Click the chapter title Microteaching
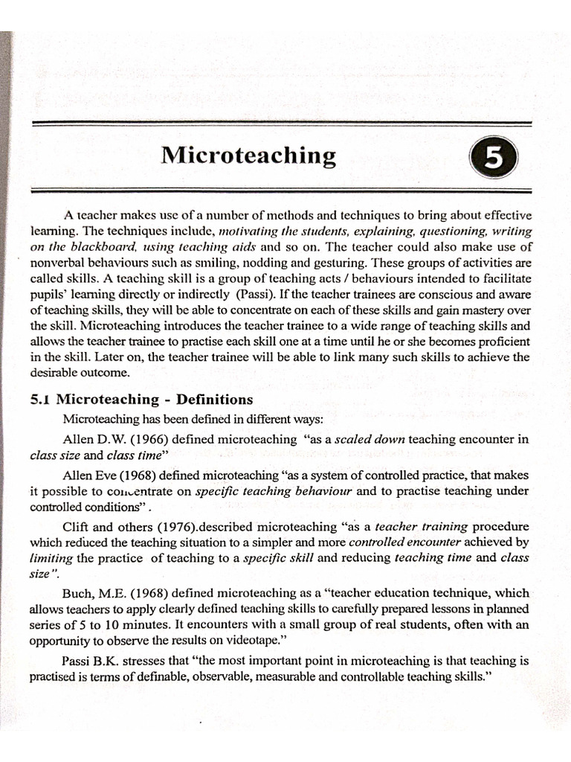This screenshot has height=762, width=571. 249,156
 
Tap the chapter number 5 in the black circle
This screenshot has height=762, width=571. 491,158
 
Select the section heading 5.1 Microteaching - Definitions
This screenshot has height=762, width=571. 141,400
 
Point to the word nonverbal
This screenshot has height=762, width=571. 59,263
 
